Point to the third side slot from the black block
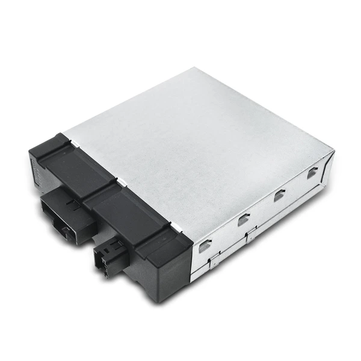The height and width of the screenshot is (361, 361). [279, 196]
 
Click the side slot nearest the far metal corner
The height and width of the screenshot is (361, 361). [312, 173]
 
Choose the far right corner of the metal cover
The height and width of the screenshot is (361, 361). [333, 150]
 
